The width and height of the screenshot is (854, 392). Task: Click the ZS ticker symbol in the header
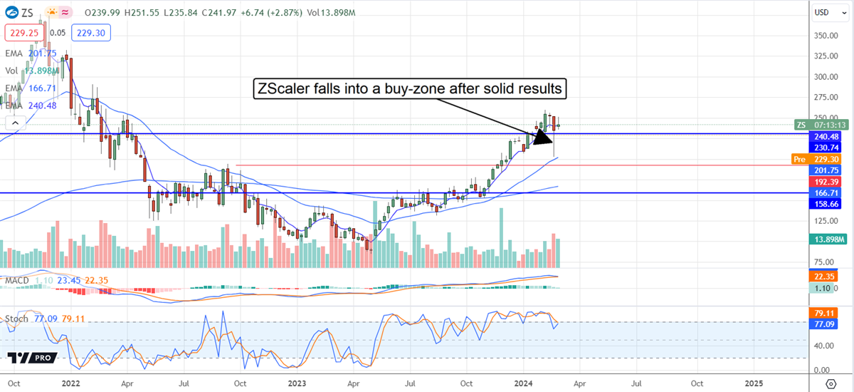point(27,12)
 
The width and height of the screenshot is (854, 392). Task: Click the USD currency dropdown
point(825,12)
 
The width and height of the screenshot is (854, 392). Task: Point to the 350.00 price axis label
point(824,35)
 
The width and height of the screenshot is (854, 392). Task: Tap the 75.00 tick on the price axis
point(826,262)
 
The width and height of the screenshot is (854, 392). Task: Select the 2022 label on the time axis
point(71,382)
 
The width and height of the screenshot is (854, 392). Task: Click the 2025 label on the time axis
point(754,382)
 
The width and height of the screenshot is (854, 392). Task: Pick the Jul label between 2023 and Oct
point(409,382)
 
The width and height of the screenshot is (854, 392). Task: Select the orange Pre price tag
point(801,160)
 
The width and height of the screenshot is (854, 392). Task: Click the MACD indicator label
point(17,281)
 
